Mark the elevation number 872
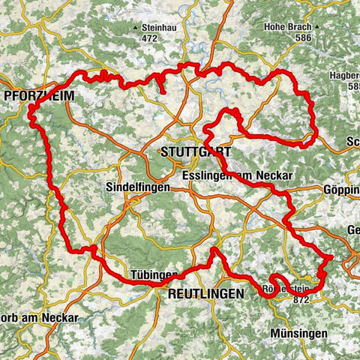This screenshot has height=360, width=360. tap(302, 299)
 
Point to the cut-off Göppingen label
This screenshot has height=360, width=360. tap(345, 190)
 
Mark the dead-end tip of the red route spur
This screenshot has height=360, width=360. tap(163, 94)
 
